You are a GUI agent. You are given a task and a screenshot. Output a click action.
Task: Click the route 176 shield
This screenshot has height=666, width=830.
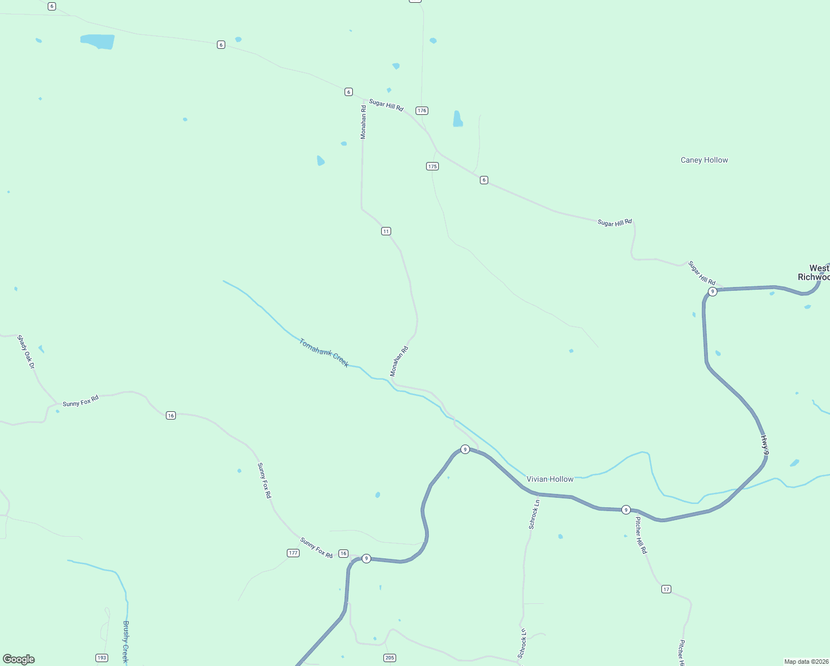point(422,110)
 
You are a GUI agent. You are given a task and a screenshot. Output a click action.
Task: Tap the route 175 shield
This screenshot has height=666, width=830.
point(432,166)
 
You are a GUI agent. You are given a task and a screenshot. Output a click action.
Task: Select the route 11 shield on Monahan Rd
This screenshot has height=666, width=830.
point(386,231)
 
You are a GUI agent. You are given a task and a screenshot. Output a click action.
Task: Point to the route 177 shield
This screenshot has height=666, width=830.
point(293,553)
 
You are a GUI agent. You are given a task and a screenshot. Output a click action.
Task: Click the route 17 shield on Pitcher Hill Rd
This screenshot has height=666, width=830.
point(666,589)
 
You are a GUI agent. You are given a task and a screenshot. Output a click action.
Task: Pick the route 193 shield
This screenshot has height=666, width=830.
point(102,658)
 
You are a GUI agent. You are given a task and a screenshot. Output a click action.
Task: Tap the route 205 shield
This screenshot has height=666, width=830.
point(389,658)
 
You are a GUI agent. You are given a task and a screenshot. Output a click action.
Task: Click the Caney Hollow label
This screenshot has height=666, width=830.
point(704,160)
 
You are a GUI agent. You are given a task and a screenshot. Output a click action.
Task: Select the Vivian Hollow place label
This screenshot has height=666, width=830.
point(550,479)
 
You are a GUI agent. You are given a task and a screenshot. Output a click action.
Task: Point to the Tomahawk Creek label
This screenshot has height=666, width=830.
point(324,353)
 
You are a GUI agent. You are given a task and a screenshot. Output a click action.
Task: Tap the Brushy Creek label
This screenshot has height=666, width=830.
point(125,642)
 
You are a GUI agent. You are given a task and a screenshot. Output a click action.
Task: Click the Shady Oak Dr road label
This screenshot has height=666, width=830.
point(26,352)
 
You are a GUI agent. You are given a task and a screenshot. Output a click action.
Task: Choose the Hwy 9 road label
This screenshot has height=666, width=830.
point(765,445)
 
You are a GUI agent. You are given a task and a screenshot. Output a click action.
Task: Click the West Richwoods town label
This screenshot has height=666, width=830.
point(814,273)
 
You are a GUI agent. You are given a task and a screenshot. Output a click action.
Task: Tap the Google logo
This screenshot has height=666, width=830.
point(19,659)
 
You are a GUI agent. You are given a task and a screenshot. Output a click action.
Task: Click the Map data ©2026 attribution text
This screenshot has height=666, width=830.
point(806,662)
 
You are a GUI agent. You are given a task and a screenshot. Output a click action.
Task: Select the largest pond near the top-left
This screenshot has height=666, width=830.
point(98,41)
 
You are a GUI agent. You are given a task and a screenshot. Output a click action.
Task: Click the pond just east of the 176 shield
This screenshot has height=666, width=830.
point(458,119)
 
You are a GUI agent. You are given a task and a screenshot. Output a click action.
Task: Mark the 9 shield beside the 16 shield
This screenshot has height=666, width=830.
point(366,558)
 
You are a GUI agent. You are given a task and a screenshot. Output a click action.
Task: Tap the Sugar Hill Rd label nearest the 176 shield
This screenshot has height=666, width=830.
point(386,105)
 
